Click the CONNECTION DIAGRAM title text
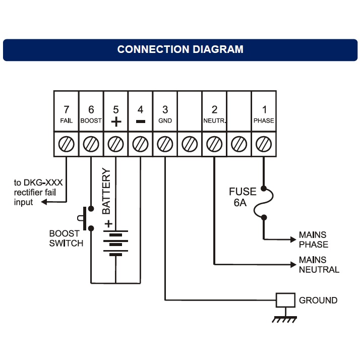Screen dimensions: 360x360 [180, 49]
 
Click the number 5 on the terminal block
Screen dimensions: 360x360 [115, 109]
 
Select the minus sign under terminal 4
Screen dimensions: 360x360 [140, 122]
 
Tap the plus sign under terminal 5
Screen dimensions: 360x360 [115, 122]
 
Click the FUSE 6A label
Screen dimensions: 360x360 [243, 197]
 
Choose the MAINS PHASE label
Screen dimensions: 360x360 [313, 239]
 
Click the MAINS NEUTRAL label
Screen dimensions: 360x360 [319, 265]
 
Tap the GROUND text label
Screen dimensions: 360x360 [318, 301]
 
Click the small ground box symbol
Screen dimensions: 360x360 [285, 300]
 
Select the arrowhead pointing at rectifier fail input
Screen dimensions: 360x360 [44, 202]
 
